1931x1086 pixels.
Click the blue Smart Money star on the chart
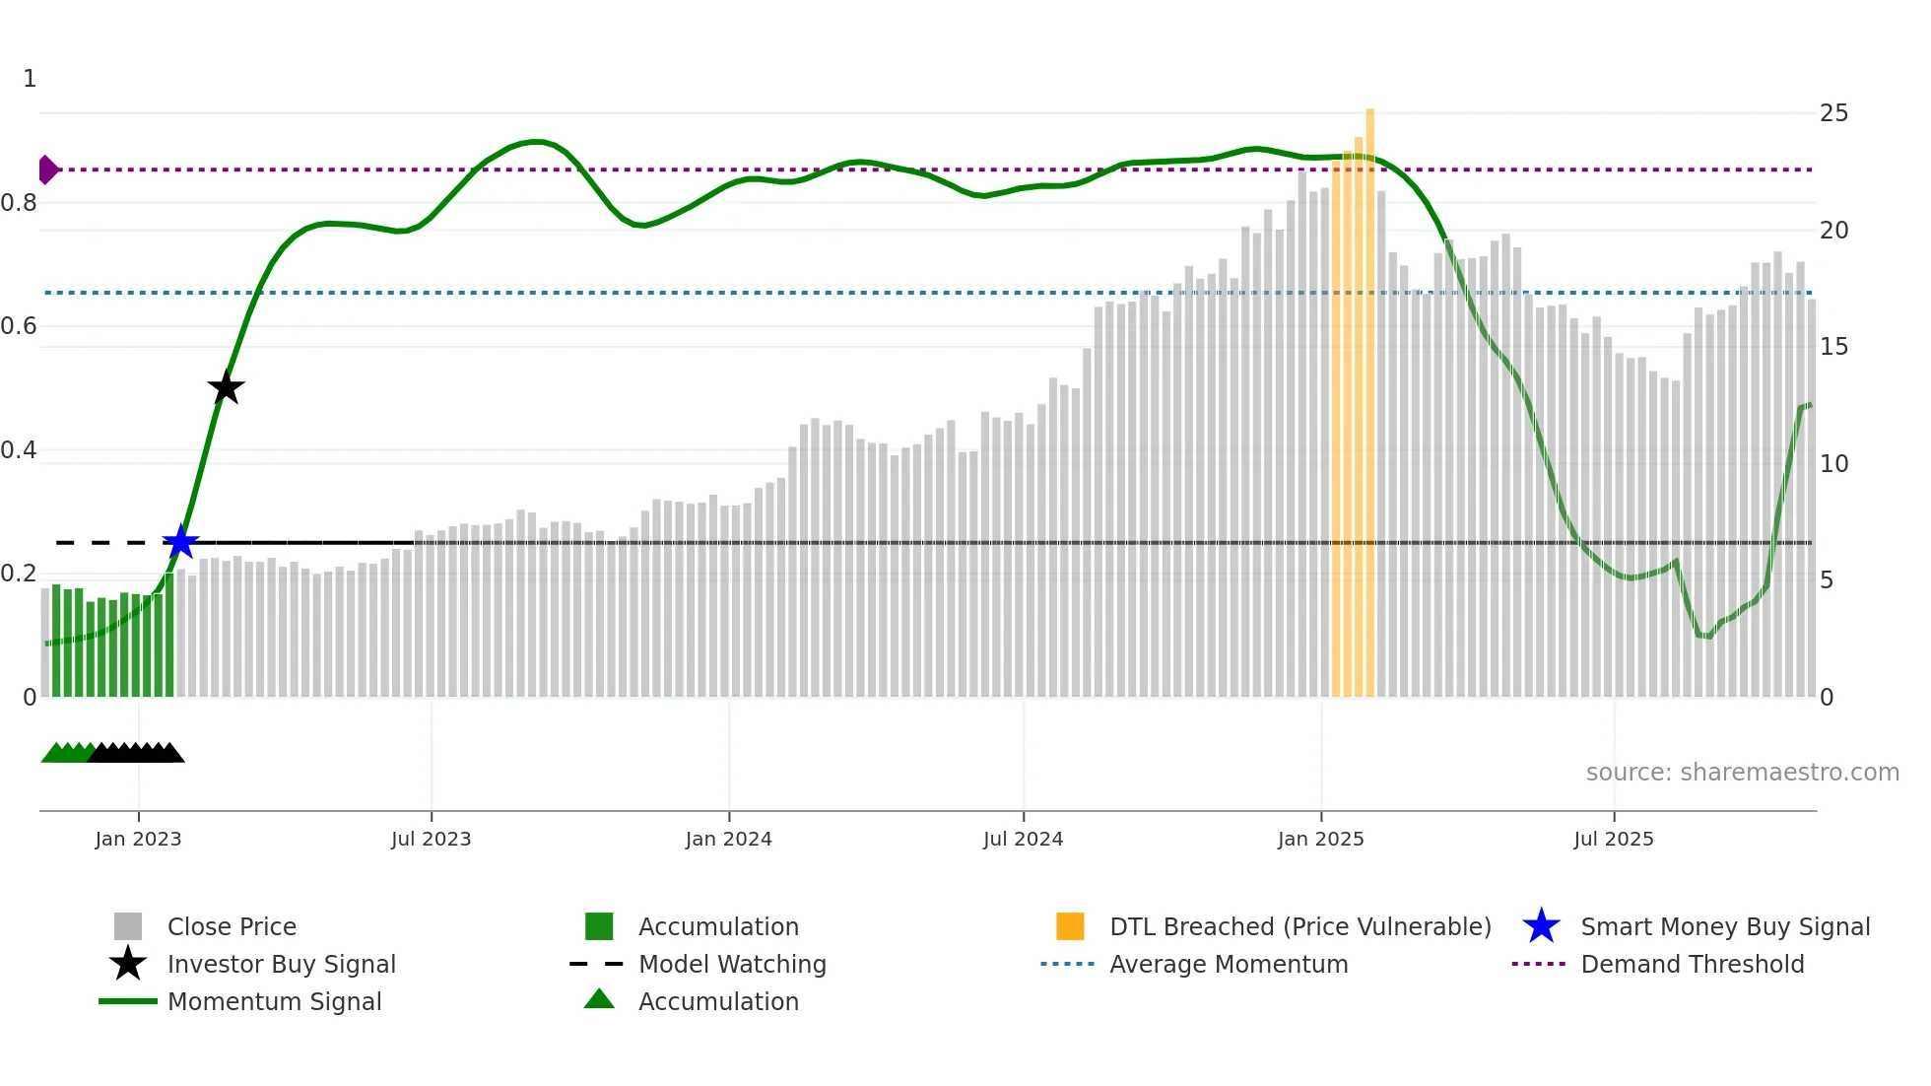[180, 542]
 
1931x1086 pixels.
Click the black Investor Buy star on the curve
[226, 387]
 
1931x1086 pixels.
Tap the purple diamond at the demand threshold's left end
[47, 170]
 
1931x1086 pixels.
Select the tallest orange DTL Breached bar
[1369, 394]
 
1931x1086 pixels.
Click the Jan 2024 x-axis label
[728, 839]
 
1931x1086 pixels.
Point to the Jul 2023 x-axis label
[431, 839]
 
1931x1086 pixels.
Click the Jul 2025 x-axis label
[1613, 839]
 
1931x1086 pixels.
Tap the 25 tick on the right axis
[1832, 113]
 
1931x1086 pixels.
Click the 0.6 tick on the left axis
[20, 326]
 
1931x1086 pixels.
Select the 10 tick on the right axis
[1832, 463]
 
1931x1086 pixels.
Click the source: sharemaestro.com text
[1742, 773]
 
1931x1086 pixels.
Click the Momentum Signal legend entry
[274, 1001]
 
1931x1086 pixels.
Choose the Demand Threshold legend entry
[1692, 964]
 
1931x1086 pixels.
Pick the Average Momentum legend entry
[1228, 964]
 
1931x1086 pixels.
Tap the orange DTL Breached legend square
[1070, 926]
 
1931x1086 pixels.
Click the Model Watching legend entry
[731, 964]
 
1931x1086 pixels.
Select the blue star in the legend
[1541, 926]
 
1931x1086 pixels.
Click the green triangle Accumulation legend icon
[599, 999]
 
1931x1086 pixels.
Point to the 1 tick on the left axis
[30, 79]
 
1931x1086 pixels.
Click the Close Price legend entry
[231, 926]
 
